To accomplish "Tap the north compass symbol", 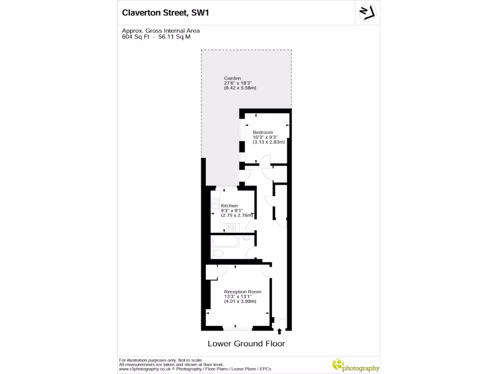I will (x=367, y=13).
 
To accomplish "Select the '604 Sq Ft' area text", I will (x=135, y=37).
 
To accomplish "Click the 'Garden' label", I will (x=232, y=78).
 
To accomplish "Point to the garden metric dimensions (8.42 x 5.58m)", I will (x=240, y=88).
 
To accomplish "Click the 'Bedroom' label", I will (x=262, y=132).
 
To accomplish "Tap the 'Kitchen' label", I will (x=229, y=206).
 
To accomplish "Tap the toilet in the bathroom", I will (x=218, y=253).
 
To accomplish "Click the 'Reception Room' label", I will (x=242, y=292).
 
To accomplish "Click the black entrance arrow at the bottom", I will (x=279, y=332).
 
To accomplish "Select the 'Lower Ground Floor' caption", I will (x=246, y=344).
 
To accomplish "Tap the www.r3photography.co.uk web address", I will (x=145, y=369).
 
